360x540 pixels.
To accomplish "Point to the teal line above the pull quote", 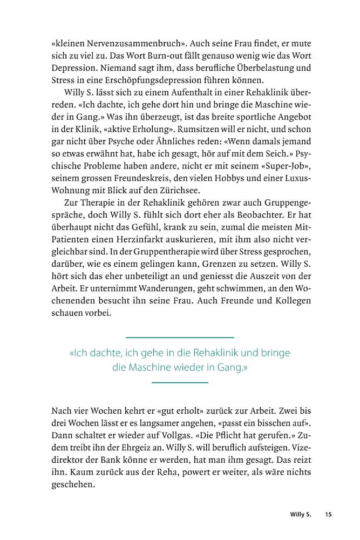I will coord(180,337).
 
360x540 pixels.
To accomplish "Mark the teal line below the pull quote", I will coord(180,383).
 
